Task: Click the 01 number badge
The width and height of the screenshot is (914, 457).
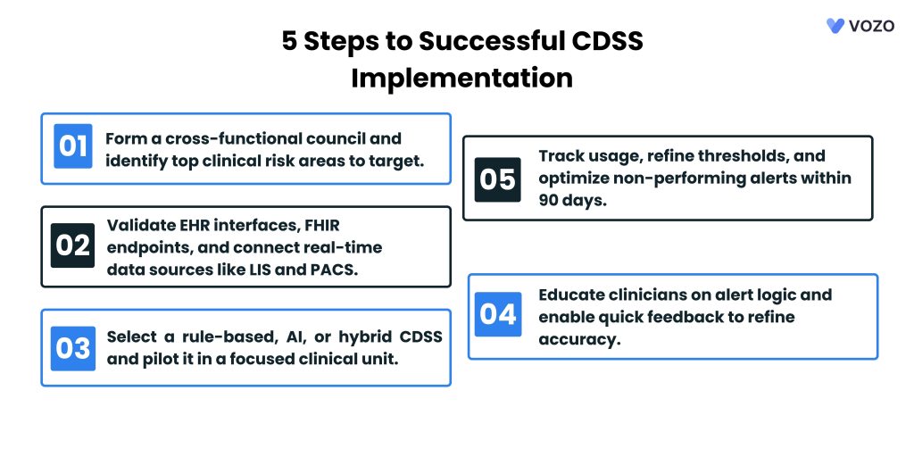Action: [73, 146]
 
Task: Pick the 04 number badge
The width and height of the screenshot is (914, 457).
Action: [498, 314]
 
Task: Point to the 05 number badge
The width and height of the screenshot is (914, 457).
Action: [498, 179]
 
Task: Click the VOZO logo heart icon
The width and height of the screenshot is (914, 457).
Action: [835, 26]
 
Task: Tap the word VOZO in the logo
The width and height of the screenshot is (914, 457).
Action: [871, 26]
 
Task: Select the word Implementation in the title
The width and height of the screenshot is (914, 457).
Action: [461, 77]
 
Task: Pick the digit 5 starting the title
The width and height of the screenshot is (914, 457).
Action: [290, 41]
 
